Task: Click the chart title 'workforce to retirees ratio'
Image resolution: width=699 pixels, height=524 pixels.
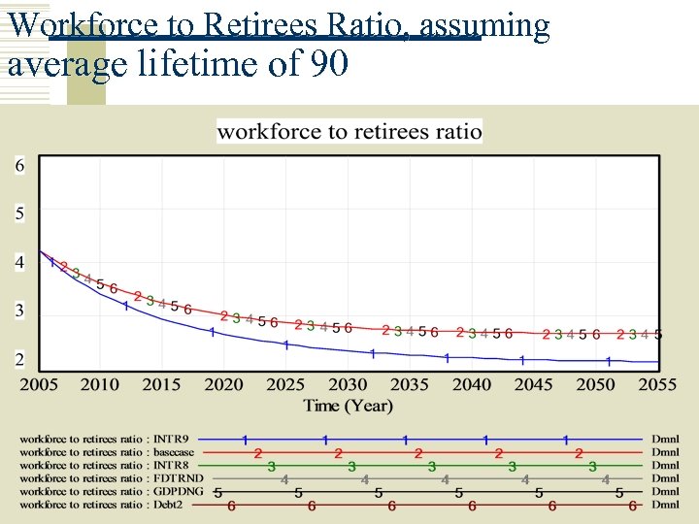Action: [x=349, y=131]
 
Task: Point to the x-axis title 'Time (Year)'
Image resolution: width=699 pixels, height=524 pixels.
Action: [x=348, y=405]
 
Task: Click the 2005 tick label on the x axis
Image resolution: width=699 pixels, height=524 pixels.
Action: [x=39, y=384]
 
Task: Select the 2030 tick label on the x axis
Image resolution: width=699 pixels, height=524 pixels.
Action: [x=348, y=384]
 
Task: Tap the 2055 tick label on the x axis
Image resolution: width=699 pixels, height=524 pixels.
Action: [x=657, y=384]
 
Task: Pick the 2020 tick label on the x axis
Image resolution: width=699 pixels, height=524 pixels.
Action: [x=224, y=384]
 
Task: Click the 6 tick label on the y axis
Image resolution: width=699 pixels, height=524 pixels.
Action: [x=19, y=166]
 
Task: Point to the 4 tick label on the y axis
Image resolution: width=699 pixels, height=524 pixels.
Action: [x=19, y=262]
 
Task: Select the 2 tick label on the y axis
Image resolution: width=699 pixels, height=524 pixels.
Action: [x=19, y=360]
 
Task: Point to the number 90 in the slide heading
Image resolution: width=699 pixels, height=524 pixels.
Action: [x=328, y=66]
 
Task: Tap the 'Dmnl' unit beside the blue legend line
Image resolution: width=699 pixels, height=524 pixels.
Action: [x=665, y=440]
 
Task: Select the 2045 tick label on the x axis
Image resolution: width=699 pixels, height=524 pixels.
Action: [x=534, y=384]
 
